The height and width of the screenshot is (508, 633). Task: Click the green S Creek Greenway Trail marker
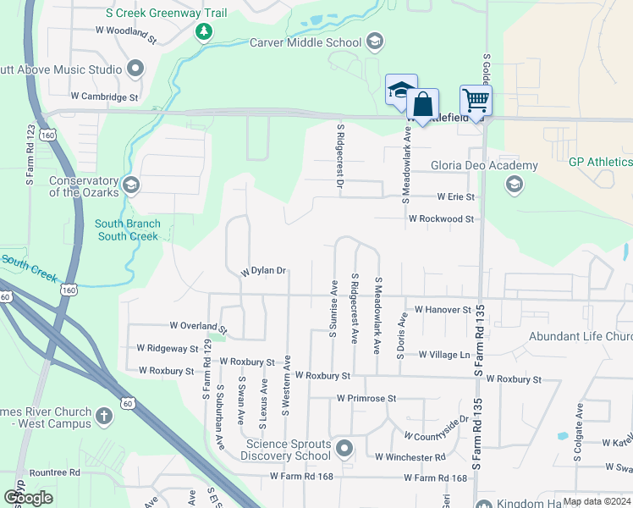click(203, 32)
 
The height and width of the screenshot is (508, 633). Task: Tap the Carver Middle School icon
click(375, 41)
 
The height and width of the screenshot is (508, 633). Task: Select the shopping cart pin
click(476, 100)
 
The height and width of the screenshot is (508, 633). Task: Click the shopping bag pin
click(422, 105)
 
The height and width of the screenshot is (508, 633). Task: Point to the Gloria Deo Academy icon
click(514, 184)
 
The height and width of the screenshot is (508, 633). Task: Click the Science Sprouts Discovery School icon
click(344, 447)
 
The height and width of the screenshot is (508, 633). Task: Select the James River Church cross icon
click(104, 417)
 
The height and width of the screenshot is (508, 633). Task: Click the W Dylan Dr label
click(263, 272)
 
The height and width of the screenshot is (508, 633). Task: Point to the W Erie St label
click(456, 197)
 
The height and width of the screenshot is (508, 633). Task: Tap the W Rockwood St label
click(441, 218)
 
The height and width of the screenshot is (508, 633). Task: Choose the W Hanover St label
click(437, 311)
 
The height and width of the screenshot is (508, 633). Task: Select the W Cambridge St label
click(104, 97)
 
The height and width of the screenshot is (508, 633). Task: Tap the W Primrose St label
click(366, 398)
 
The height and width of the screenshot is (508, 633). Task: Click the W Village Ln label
click(440, 356)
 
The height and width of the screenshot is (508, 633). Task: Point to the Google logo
click(28, 498)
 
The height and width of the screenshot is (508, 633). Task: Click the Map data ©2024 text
click(596, 501)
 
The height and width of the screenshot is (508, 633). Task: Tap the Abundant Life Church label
click(580, 336)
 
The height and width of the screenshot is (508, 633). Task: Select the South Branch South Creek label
click(128, 230)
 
